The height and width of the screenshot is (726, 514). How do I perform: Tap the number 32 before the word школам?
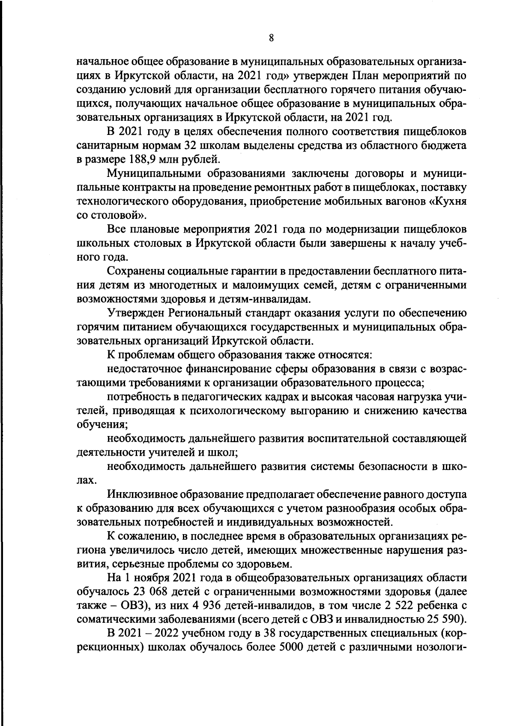pos(191,146)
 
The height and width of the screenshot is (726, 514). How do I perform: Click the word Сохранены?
pos(136,271)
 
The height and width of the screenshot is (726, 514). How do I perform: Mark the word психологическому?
pos(238,411)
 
